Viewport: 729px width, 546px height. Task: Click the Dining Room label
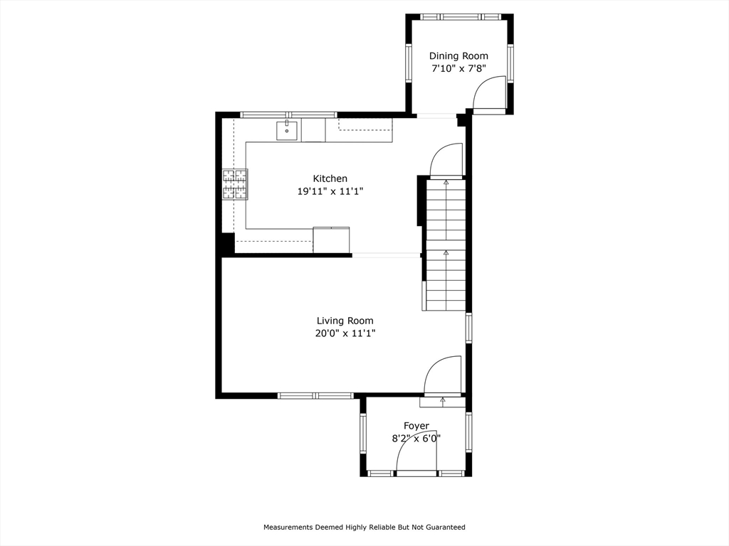click(x=458, y=56)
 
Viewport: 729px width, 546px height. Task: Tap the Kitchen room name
click(x=330, y=178)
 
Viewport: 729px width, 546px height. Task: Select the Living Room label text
click(x=345, y=321)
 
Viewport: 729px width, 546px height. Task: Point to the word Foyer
click(x=416, y=426)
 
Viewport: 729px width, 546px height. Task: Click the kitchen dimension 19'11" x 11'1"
click(x=330, y=191)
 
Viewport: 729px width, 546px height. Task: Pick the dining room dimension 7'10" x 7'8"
click(x=458, y=69)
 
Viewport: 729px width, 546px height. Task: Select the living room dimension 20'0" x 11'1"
click(x=345, y=333)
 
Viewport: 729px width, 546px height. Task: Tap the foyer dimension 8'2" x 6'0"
click(x=416, y=438)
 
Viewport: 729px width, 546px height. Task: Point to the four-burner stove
click(x=235, y=184)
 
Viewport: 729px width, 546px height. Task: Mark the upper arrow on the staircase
click(x=446, y=183)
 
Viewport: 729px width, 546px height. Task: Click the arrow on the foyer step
click(x=443, y=400)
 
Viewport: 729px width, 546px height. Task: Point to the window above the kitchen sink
click(x=288, y=114)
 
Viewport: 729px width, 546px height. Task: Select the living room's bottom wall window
click(x=315, y=395)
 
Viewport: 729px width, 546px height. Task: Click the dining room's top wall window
click(x=461, y=17)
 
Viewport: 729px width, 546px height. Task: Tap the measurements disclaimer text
click(x=364, y=527)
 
